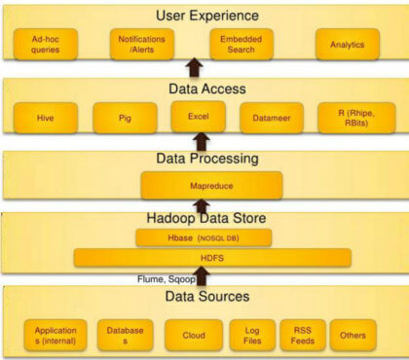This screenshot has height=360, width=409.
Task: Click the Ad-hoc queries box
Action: (45, 44)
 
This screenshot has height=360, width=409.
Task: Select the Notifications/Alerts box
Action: (142, 44)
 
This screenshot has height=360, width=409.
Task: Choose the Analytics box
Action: (346, 44)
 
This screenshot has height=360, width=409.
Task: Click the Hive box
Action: (45, 118)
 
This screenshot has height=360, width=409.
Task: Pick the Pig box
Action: (125, 118)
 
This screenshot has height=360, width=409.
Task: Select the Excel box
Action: (198, 116)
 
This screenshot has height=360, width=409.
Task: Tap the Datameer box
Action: (271, 118)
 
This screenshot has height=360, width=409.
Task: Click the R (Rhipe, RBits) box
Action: (350, 118)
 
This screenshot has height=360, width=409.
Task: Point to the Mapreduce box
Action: (211, 184)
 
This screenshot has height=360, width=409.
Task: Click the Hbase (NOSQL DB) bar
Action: (203, 237)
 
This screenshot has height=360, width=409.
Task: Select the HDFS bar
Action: (211, 257)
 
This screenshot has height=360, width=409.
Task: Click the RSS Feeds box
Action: (301, 334)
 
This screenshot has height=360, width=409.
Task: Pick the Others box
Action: (353, 334)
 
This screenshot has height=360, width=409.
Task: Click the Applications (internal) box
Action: (56, 334)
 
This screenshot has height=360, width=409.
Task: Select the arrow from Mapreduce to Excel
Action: (201, 141)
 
